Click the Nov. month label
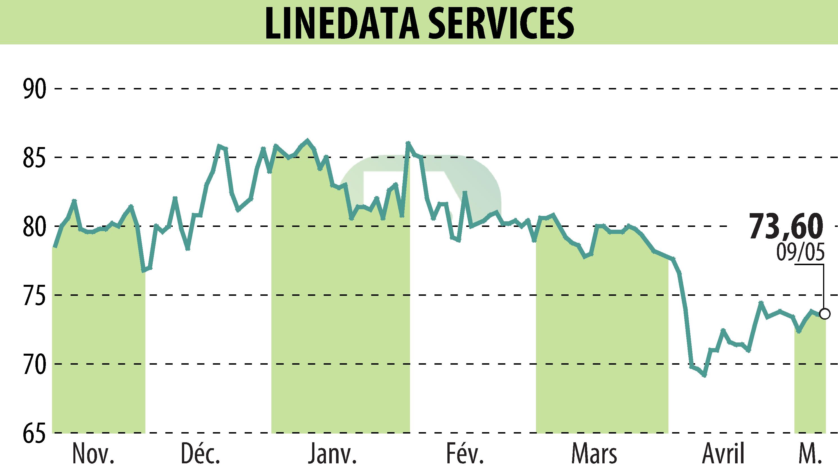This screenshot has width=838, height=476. click(x=93, y=454)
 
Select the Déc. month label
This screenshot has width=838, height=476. click(x=200, y=454)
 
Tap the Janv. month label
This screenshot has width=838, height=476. click(x=332, y=454)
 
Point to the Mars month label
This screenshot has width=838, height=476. click(x=594, y=454)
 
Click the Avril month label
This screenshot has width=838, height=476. click(x=724, y=454)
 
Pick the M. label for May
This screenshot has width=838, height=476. click(x=810, y=454)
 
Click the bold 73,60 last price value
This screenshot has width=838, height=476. click(x=786, y=227)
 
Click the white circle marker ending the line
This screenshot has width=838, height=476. click(x=825, y=314)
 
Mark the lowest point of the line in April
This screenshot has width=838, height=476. click(x=704, y=376)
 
